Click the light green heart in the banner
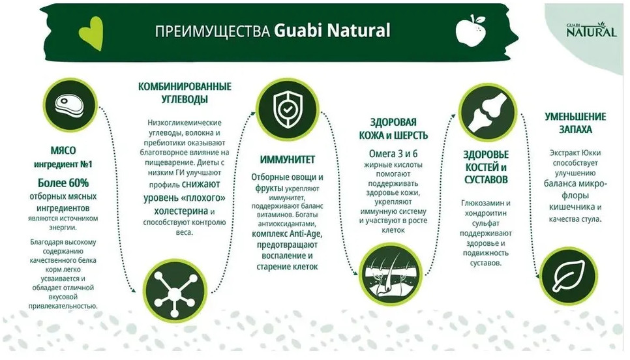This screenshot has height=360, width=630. (x=91, y=34)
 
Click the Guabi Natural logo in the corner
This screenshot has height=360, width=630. (x=591, y=30)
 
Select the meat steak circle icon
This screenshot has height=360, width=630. (x=70, y=105)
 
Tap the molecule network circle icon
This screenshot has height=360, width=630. (x=175, y=290)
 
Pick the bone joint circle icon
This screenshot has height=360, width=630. (x=488, y=113)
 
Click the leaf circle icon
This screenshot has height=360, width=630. (x=568, y=275)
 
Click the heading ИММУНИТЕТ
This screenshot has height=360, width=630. (x=287, y=160)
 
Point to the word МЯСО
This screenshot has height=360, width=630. (x=63, y=150)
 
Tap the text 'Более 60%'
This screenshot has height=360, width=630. (x=63, y=183)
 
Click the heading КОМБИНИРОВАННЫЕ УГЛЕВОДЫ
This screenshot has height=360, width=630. (x=185, y=93)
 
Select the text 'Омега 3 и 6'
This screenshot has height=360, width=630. (x=393, y=153)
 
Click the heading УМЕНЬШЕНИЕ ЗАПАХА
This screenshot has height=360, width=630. (x=575, y=123)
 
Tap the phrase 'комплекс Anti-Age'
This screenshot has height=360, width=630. (x=287, y=234)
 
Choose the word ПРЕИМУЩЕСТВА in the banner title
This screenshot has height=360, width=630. (x=212, y=31)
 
